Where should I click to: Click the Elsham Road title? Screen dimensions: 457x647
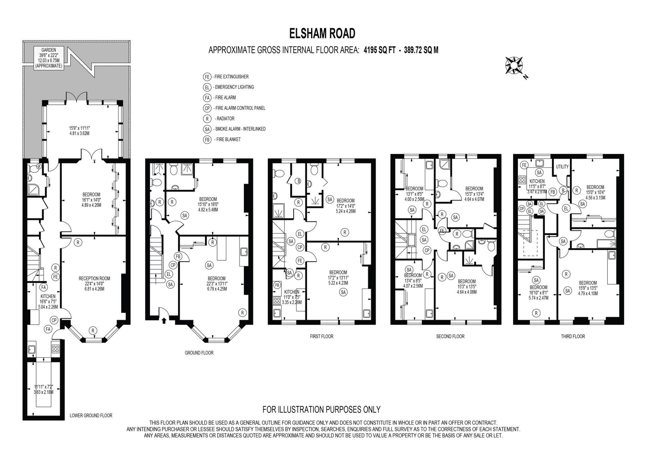tap(322, 34)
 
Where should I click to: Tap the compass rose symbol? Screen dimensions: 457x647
tap(514, 65)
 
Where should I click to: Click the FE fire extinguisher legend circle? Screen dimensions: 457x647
tap(207, 77)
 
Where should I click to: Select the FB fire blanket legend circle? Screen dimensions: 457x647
tap(207, 139)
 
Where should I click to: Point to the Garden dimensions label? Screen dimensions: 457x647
tap(49, 58)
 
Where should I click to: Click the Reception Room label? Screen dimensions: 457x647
tap(94, 283)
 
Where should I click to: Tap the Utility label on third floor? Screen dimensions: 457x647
tap(562, 167)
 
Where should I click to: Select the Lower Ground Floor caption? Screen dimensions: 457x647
tap(91, 416)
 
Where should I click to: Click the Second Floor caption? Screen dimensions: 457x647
tap(450, 337)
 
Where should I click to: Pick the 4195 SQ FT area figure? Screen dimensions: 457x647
tap(380, 50)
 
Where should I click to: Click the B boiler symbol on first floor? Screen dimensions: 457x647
tap(298, 181)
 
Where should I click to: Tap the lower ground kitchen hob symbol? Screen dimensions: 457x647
tap(55, 349)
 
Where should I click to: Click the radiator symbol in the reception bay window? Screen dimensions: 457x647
tap(93, 331)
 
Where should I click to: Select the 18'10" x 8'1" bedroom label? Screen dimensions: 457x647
tap(538, 292)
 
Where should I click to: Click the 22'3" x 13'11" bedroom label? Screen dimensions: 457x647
tap(216, 283)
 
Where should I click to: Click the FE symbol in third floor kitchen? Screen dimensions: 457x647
tap(524, 165)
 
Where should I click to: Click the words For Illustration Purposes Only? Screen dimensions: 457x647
tap(321, 410)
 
